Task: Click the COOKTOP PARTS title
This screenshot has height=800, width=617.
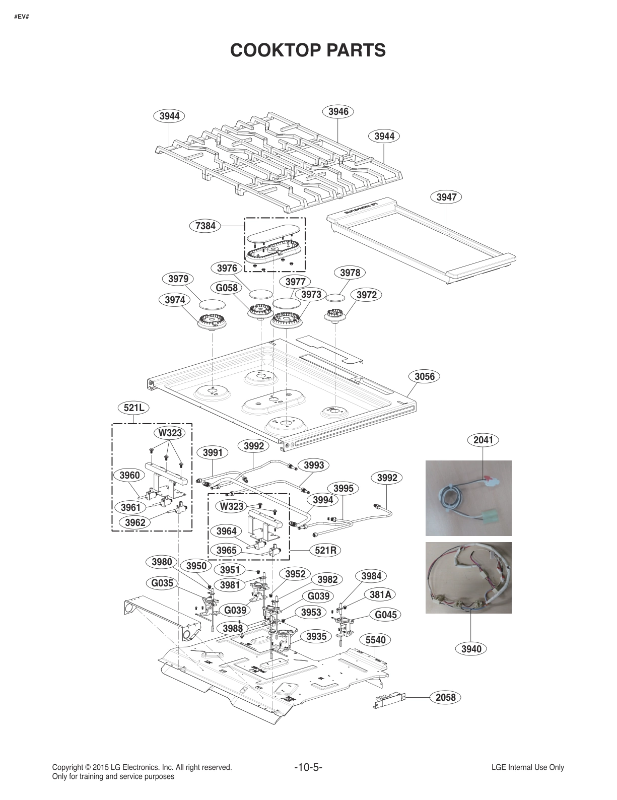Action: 308,50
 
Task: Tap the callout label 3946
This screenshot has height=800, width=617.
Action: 338,111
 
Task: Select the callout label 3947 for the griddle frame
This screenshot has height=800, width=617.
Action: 446,197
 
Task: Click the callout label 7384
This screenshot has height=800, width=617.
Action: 205,226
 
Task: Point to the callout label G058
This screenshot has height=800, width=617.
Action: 227,288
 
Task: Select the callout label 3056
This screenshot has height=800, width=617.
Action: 424,376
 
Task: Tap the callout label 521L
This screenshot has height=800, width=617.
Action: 134,408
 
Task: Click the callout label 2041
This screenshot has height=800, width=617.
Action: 484,440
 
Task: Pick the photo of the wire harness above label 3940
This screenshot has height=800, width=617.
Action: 468,578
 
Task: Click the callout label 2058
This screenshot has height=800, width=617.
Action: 445,697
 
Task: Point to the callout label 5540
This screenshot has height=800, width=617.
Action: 375,640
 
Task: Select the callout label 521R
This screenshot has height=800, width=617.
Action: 325,550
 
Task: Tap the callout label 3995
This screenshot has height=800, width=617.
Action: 344,488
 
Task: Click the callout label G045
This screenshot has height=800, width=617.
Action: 386,615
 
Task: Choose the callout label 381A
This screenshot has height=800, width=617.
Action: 380,594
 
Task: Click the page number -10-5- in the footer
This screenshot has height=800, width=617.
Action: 308,768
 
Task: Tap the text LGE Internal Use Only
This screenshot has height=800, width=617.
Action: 528,768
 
